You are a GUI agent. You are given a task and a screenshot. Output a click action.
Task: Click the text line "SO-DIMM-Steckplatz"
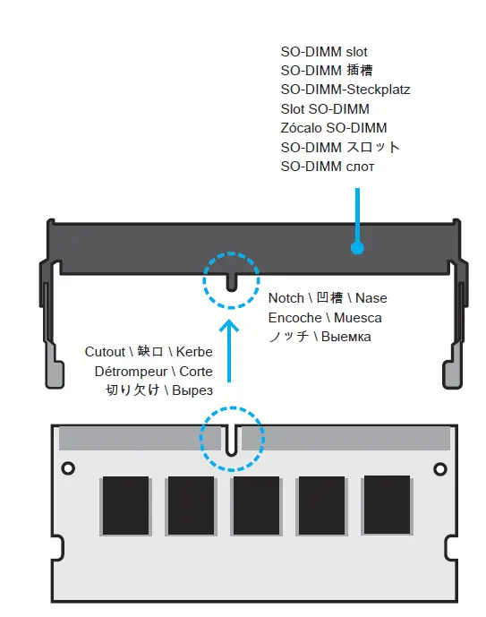pyautogui.click(x=345, y=90)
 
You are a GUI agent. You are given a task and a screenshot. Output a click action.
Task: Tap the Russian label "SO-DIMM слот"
pyautogui.click(x=328, y=167)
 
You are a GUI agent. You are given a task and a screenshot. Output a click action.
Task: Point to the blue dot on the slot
pyautogui.click(x=357, y=248)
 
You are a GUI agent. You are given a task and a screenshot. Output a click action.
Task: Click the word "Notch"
pyautogui.click(x=286, y=297)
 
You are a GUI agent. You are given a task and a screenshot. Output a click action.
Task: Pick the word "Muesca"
pyautogui.click(x=358, y=317)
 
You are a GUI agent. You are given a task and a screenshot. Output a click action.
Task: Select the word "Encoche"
pyautogui.click(x=296, y=317)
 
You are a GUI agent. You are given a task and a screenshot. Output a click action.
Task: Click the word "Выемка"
pyautogui.click(x=345, y=337)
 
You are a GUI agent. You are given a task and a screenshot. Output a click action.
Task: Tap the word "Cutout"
pyautogui.click(x=107, y=351)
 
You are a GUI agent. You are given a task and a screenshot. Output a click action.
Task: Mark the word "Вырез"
pyautogui.click(x=192, y=390)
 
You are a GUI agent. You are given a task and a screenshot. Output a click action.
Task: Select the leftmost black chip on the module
pyautogui.click(x=125, y=506)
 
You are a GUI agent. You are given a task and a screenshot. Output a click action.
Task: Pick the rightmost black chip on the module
pyautogui.click(x=387, y=504)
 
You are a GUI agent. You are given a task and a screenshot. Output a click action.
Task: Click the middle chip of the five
pyautogui.click(x=256, y=506)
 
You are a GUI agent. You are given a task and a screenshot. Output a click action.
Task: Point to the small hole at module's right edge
pyautogui.click(x=439, y=468)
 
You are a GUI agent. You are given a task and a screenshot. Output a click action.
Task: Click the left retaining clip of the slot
pyautogui.click(x=51, y=322)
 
